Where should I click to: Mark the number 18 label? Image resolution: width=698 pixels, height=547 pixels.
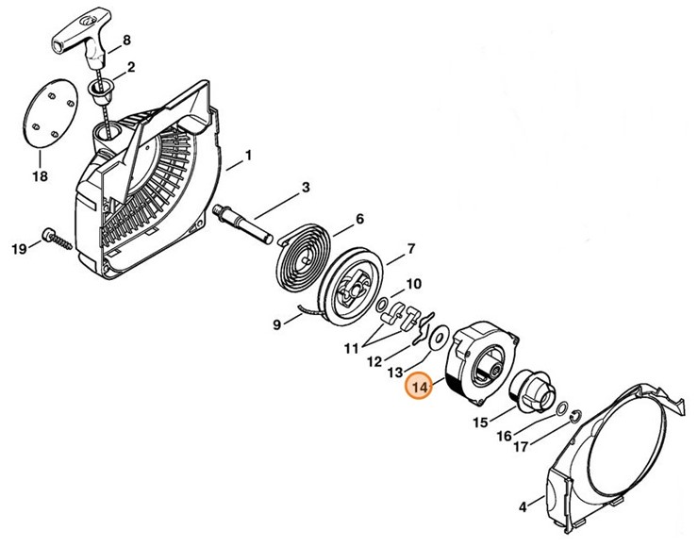coord(41,176)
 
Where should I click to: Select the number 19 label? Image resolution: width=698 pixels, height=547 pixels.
coord(18,248)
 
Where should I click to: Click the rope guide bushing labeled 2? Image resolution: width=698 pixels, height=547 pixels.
coord(101,91)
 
